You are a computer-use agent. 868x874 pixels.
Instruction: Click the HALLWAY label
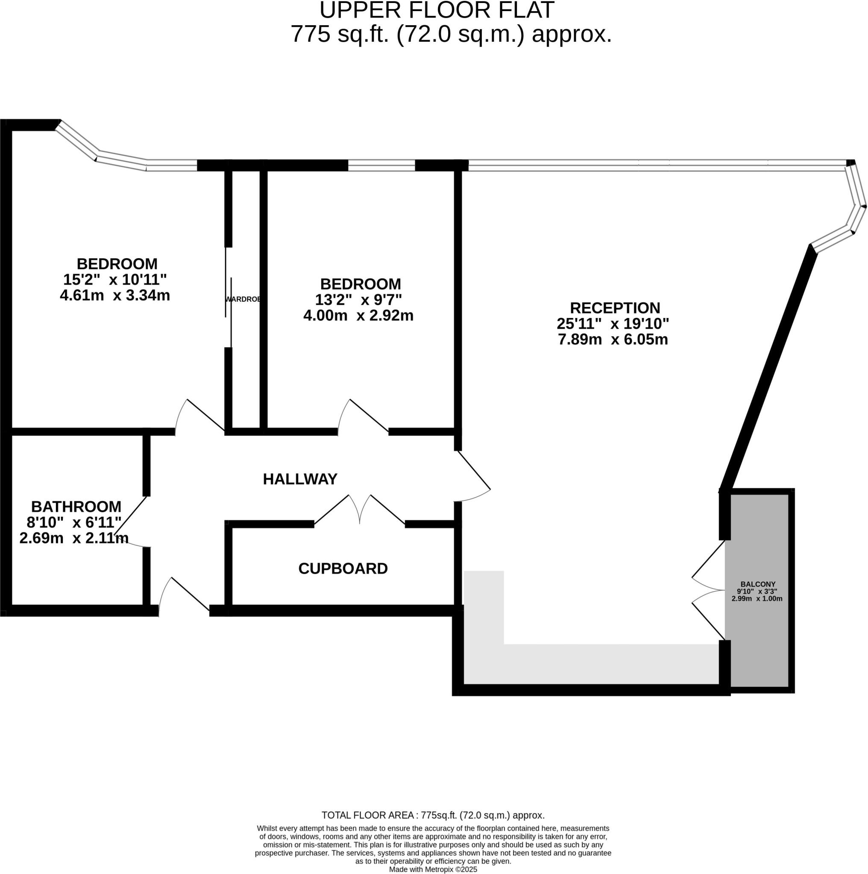click(300, 479)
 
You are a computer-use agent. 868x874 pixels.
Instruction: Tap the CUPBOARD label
click(343, 568)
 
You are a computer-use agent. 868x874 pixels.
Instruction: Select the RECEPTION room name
click(614, 308)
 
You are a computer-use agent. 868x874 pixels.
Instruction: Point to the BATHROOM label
click(76, 506)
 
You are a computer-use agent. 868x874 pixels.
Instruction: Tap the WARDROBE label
click(243, 299)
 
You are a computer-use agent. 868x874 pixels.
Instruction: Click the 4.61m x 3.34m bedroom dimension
click(114, 295)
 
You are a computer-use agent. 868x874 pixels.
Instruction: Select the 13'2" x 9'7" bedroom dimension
click(358, 300)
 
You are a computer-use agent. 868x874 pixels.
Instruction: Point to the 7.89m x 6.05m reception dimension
click(613, 339)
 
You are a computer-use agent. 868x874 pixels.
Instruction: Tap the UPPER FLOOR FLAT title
click(437, 10)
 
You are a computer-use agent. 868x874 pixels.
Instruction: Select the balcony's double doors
click(709, 590)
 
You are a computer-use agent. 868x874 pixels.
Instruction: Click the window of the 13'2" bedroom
click(381, 166)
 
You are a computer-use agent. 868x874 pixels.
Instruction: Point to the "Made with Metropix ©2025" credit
click(433, 869)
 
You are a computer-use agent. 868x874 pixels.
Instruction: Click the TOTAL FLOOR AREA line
click(433, 828)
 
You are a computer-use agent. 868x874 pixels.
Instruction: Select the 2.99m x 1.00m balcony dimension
click(757, 598)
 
